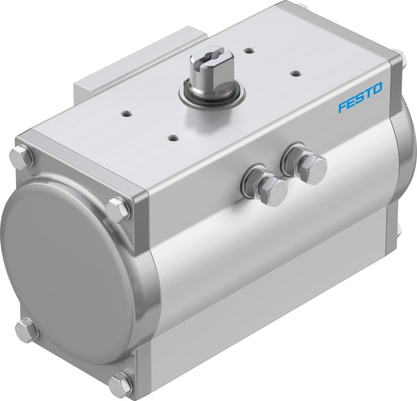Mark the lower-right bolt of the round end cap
click(121, 383)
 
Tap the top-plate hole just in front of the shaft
click(173, 138)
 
